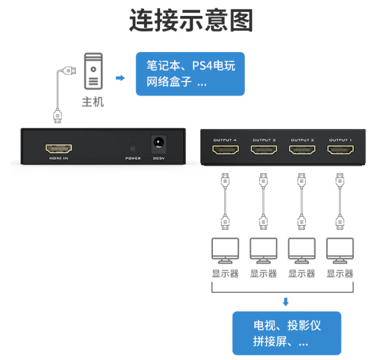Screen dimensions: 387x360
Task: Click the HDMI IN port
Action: tap(59, 148)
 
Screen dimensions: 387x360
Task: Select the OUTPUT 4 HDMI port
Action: tap(226, 150)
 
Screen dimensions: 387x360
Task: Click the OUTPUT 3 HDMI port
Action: tap(264, 150)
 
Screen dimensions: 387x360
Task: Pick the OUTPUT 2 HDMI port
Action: tap(302, 150)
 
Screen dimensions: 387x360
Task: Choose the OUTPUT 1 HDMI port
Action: tap(340, 150)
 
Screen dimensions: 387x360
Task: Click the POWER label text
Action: tap(133, 158)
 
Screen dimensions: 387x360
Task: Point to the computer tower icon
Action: tap(93, 71)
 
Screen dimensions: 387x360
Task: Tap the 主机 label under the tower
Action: tap(93, 102)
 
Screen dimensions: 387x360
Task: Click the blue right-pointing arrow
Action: tap(120, 78)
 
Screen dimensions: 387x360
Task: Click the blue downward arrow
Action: tap(286, 302)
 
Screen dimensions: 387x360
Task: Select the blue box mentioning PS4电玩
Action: tap(190, 74)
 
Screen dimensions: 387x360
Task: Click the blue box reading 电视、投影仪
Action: tap(286, 333)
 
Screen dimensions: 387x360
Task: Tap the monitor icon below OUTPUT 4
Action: tap(225, 250)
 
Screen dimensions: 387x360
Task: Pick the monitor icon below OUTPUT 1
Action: tap(340, 250)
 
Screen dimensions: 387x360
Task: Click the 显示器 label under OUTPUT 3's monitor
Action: tap(264, 274)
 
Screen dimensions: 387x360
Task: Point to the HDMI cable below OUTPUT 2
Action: tap(302, 201)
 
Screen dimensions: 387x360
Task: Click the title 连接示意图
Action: tap(191, 20)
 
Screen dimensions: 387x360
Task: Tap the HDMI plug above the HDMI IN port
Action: tap(57, 116)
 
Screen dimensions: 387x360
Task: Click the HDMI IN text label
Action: tap(59, 158)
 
